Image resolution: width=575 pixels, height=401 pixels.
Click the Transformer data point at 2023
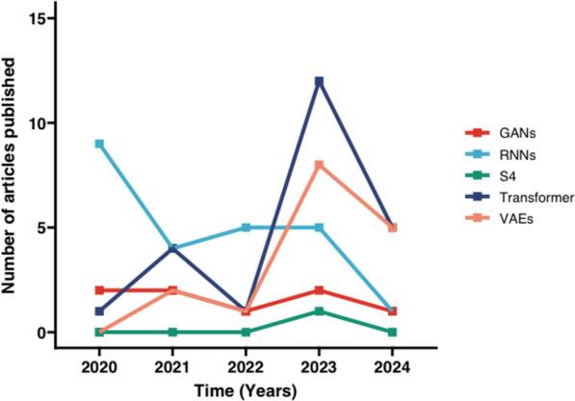[319, 81]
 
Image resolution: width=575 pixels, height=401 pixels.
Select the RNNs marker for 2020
[98, 144]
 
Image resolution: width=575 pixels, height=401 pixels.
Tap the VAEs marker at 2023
[319, 165]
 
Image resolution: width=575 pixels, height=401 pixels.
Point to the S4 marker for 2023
[319, 311]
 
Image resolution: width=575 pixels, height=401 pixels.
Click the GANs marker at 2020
[98, 290]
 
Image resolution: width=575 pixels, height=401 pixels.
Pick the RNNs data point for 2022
[246, 227]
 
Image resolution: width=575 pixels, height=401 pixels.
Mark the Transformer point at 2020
[98, 311]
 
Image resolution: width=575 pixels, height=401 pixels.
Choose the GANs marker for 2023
[319, 290]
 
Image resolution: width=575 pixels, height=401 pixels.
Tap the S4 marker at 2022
[246, 333]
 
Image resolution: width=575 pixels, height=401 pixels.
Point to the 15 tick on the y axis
[39, 19]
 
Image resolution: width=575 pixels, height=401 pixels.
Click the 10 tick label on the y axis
[39, 123]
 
